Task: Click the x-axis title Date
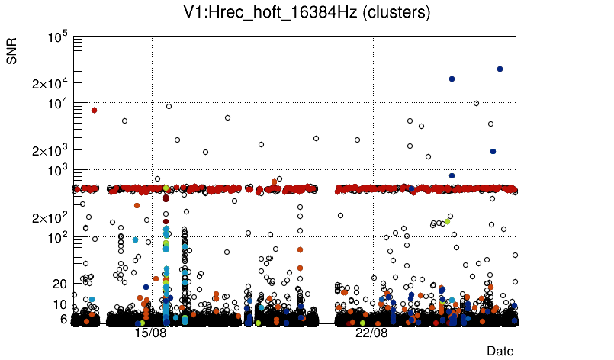coord(500,351)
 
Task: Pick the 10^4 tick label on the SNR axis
coord(58,104)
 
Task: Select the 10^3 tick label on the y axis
coord(58,170)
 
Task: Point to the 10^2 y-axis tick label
coord(58,237)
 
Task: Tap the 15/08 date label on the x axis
coord(150,333)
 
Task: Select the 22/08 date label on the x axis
coord(371,333)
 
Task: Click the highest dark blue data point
coord(500,69)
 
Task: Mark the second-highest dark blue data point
coord(452,79)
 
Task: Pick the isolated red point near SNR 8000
coord(94,110)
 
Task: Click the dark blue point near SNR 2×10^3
coord(493,151)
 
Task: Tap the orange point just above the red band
coord(274,182)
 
